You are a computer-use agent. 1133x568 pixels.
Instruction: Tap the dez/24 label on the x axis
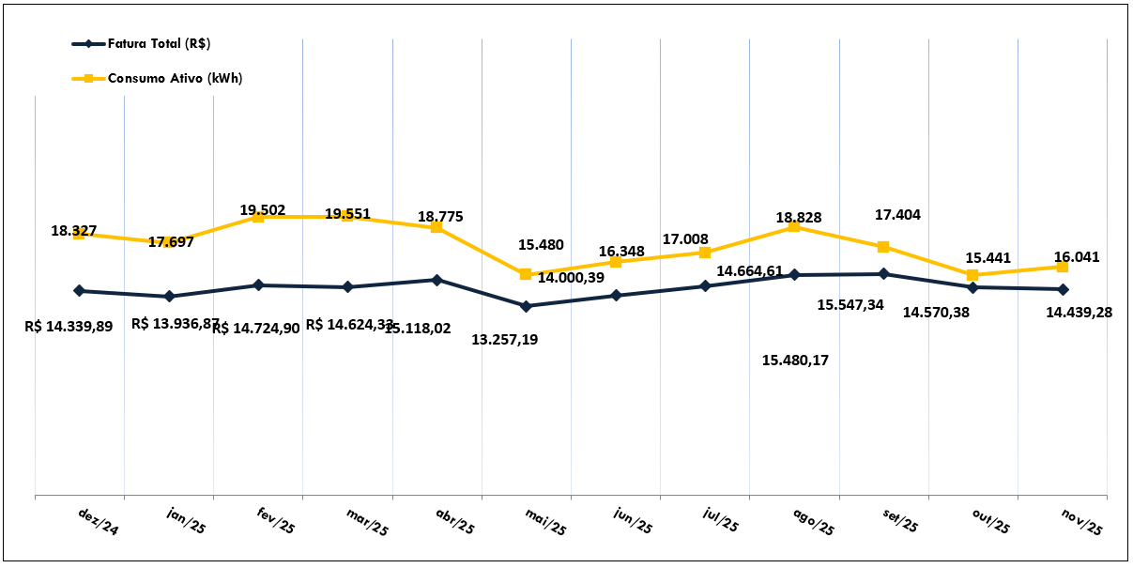click(99, 522)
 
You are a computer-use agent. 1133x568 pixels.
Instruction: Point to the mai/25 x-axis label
click(545, 522)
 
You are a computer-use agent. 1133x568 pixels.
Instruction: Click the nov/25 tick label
click(1081, 522)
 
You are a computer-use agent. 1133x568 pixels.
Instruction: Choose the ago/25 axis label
click(813, 522)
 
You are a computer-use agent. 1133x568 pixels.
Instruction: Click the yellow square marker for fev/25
click(257, 217)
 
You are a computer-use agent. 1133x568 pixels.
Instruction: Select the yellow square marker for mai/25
click(526, 274)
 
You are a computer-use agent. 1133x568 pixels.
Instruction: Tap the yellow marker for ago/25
click(794, 226)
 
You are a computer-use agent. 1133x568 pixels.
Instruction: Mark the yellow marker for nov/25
click(1063, 267)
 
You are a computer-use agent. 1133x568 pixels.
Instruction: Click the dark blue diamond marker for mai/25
click(526, 306)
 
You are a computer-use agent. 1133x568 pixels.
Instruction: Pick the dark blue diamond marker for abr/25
click(436, 280)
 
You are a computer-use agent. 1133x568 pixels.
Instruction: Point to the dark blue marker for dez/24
click(79, 291)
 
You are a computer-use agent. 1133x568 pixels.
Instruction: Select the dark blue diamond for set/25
click(883, 274)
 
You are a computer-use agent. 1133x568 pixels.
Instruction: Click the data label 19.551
click(347, 214)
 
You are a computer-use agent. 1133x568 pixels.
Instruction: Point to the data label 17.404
click(897, 215)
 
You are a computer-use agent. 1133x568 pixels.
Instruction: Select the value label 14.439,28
click(1079, 312)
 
